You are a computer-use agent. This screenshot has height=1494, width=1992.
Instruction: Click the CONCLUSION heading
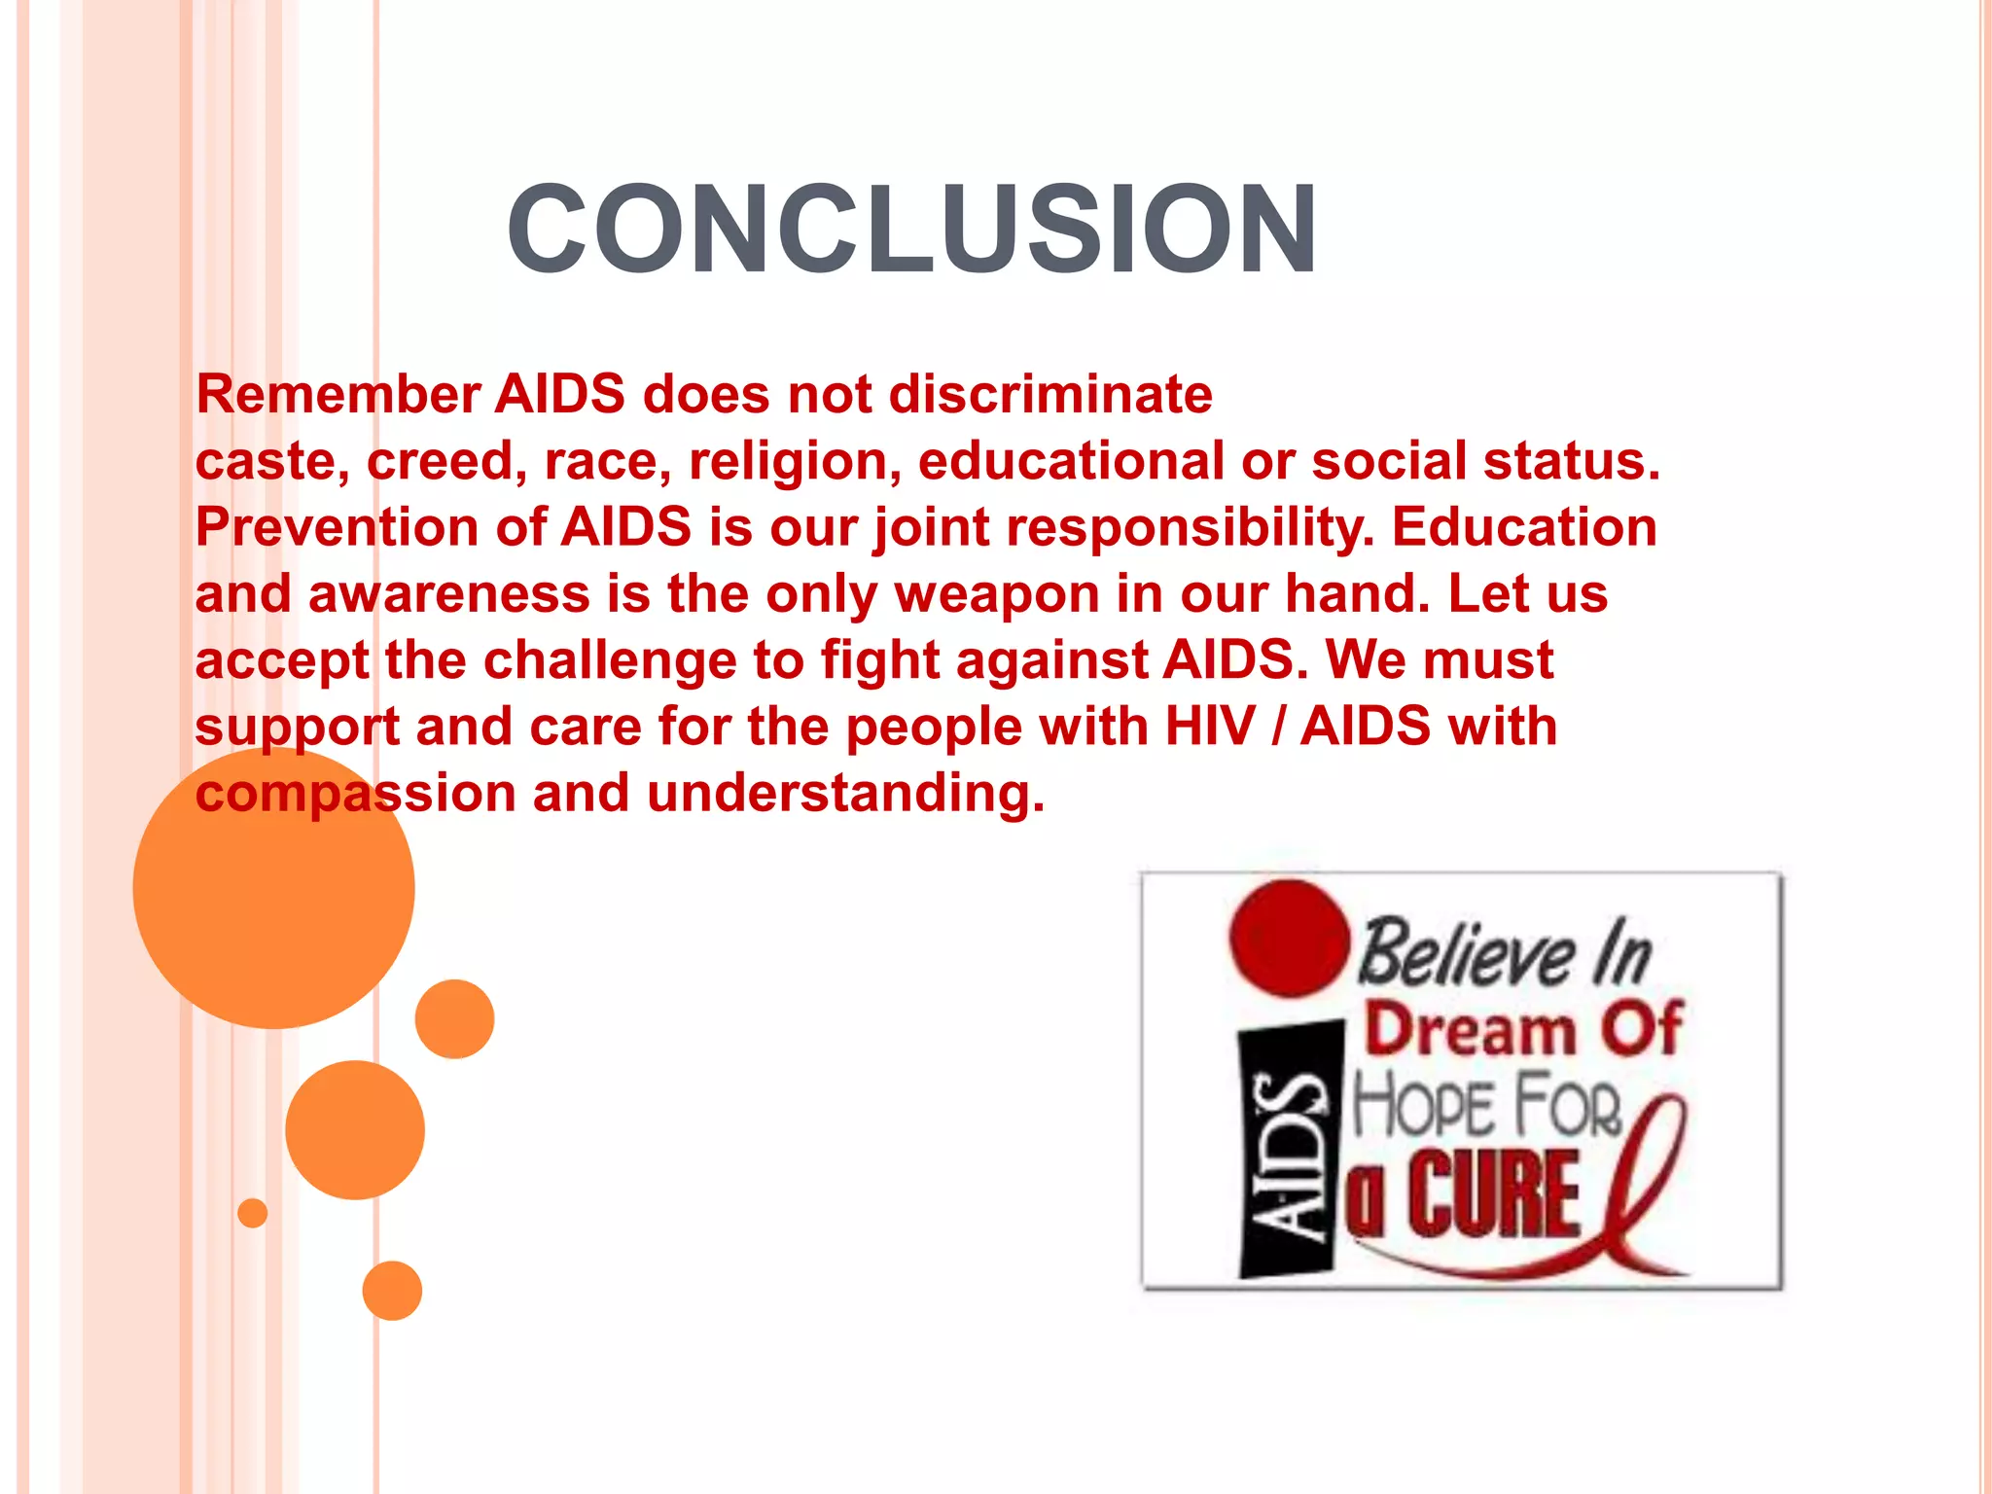click(911, 230)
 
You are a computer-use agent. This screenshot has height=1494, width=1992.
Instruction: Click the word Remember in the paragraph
click(338, 395)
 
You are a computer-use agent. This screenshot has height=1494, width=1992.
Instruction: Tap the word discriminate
click(1050, 395)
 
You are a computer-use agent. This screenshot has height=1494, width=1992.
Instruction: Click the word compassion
click(355, 794)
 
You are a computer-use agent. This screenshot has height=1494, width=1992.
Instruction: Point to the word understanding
click(845, 794)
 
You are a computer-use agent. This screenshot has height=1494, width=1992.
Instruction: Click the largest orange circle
click(273, 887)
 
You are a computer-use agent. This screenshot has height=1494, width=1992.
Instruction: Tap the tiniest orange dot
click(252, 1213)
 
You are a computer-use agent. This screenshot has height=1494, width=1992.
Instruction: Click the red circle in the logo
click(1289, 940)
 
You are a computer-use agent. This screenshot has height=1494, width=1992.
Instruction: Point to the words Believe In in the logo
click(1504, 953)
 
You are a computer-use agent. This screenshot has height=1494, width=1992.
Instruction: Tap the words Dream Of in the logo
click(1522, 1029)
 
